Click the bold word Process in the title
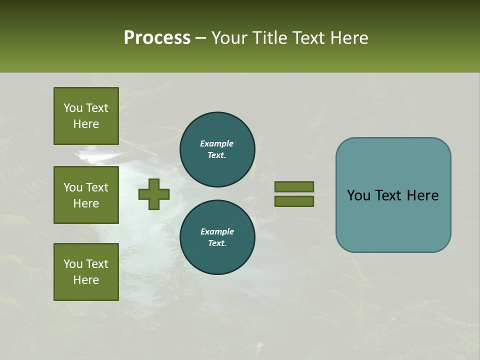(x=157, y=38)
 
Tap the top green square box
(x=86, y=116)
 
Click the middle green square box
(x=86, y=195)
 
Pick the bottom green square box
(x=86, y=272)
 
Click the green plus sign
(x=154, y=194)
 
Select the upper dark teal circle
(x=217, y=149)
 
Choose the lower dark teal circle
(x=217, y=237)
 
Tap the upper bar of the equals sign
(x=294, y=186)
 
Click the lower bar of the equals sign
(x=294, y=201)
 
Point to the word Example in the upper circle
(x=217, y=143)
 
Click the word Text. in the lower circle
(x=217, y=243)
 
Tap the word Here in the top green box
(x=86, y=124)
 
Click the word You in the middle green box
(x=72, y=187)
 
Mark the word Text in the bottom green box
(x=96, y=264)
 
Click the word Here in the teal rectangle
(x=422, y=195)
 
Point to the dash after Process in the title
(x=201, y=38)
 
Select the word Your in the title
(x=229, y=38)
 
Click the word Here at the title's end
(x=350, y=38)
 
